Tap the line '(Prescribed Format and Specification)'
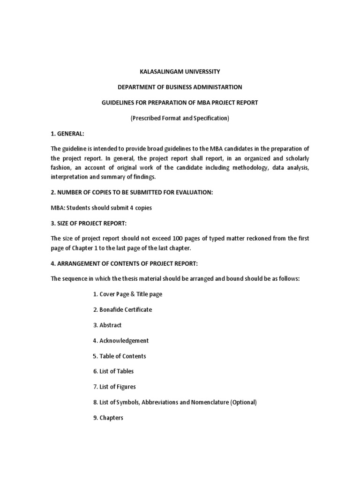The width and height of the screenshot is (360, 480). tap(180, 118)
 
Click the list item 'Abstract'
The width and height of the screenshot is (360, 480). tap(110, 325)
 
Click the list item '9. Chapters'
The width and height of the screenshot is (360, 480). tap(108, 418)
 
